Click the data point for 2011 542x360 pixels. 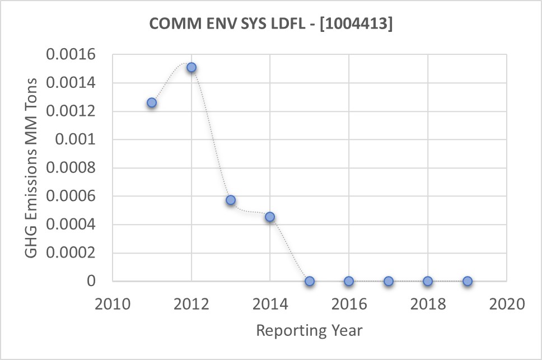(x=152, y=102)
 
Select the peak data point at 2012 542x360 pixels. (x=191, y=67)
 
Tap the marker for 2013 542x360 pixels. (x=231, y=200)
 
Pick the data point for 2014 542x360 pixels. (x=270, y=217)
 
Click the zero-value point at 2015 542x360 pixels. (x=310, y=281)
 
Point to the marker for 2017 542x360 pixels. (x=389, y=281)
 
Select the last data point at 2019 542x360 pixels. (x=468, y=281)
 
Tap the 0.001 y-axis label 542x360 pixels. (x=82, y=139)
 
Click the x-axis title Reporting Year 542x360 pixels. (x=310, y=330)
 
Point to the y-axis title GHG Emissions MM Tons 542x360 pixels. (x=33, y=168)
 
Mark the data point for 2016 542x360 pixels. (x=349, y=281)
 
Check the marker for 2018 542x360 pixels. (x=428, y=281)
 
